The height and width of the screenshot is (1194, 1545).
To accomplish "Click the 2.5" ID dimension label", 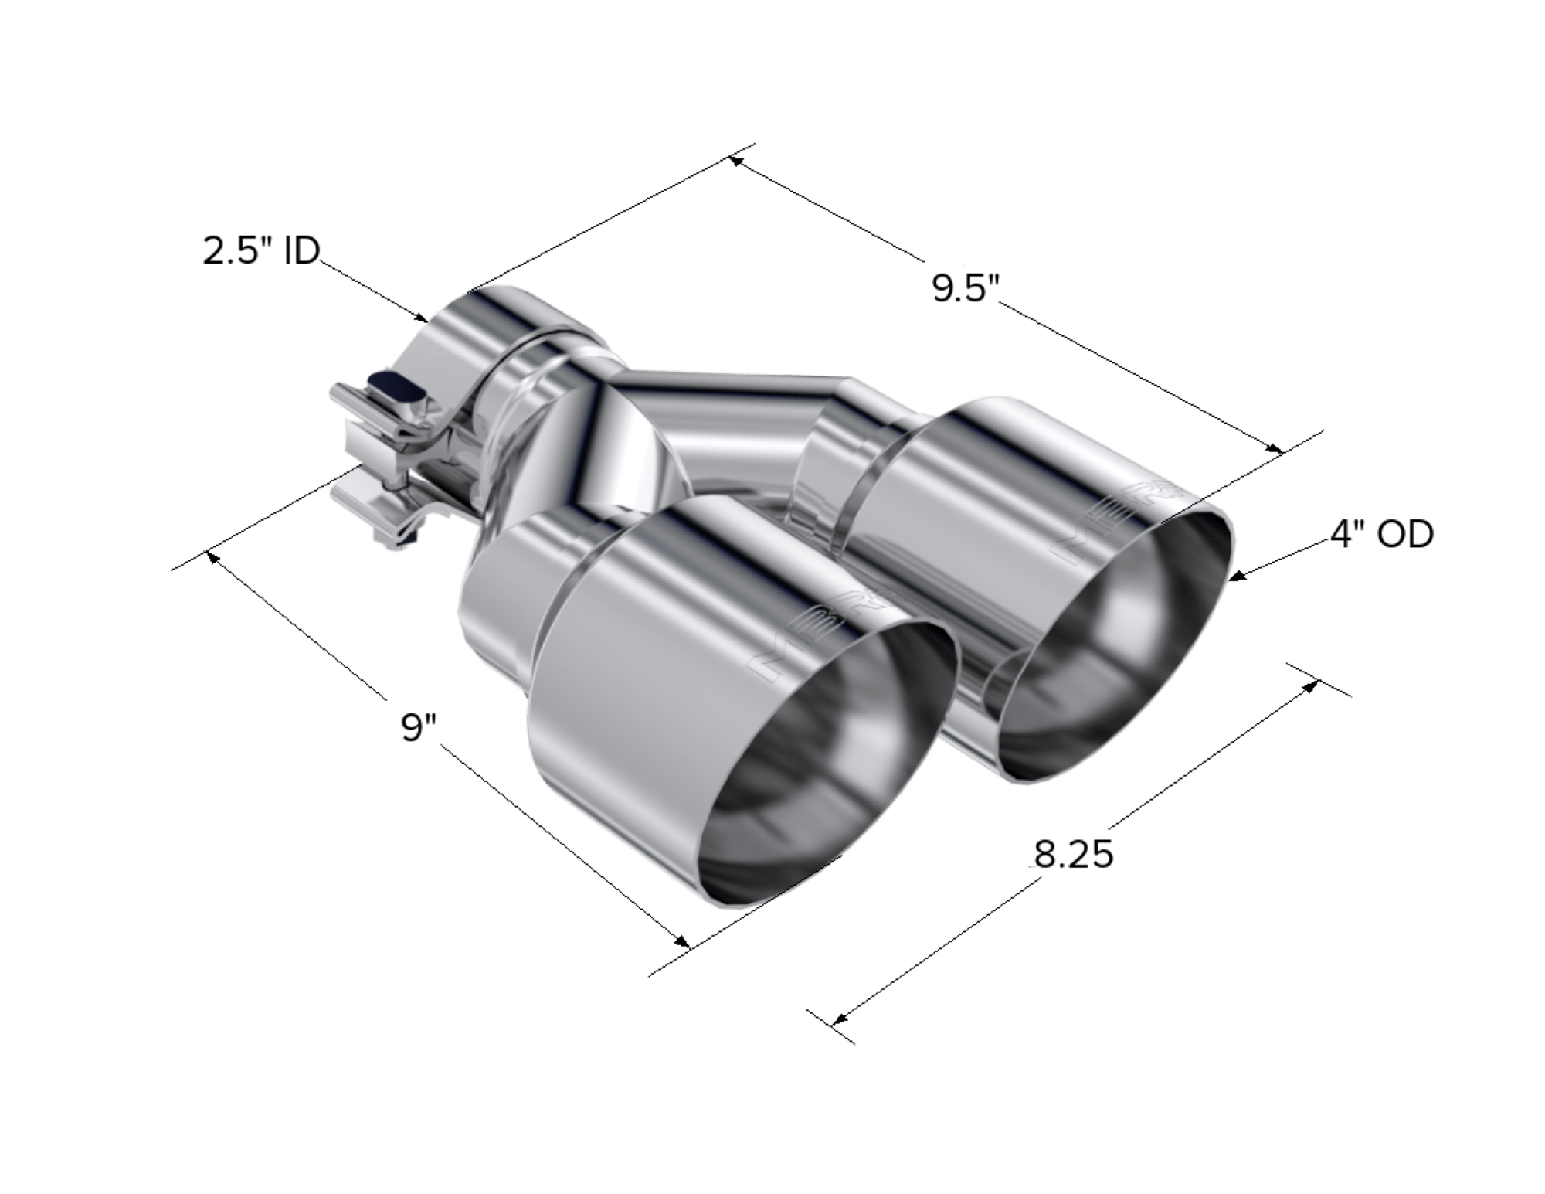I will click(x=260, y=253).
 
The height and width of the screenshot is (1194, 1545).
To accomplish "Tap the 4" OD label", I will click(x=1381, y=534).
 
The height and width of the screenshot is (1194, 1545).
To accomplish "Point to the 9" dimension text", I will click(x=419, y=727).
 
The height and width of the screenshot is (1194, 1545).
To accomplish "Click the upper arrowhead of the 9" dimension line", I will click(x=210, y=555).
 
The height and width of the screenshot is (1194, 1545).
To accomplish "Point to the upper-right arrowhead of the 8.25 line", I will click(x=1311, y=683).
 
